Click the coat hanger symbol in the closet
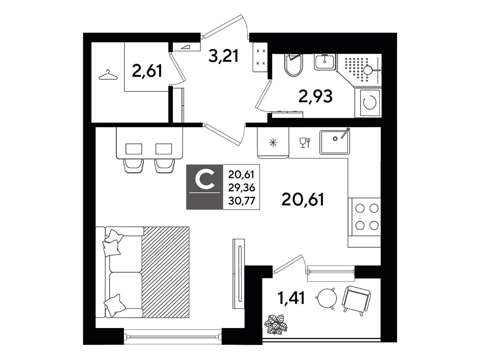pyautogui.click(x=108, y=75)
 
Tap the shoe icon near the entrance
pyautogui.click(x=186, y=47)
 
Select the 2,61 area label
pyautogui.click(x=147, y=71)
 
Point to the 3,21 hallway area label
pyautogui.click(x=223, y=56)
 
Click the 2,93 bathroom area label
pyautogui.click(x=316, y=96)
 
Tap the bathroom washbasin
pyautogui.click(x=325, y=62)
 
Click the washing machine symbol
pyautogui.click(x=370, y=102)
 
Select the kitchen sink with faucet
pyautogui.click(x=335, y=141)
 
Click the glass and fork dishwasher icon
pyautogui.click(x=305, y=143)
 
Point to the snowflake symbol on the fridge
pyautogui.click(x=273, y=143)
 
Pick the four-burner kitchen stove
pyautogui.click(x=364, y=217)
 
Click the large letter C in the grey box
pyautogui.click(x=205, y=180)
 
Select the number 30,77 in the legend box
pyautogui.click(x=242, y=201)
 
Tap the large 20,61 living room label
pyautogui.click(x=303, y=199)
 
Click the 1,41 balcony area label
pyautogui.click(x=291, y=298)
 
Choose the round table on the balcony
pyautogui.click(x=326, y=298)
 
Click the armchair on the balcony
pyautogui.click(x=356, y=300)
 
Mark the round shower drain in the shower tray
pyautogui.click(x=369, y=71)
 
